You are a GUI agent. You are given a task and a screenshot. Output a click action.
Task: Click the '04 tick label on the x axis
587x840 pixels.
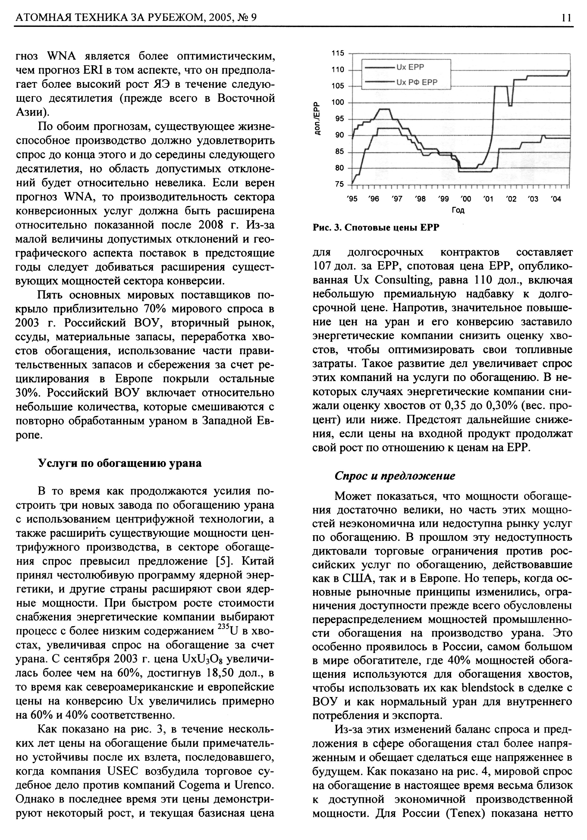click(x=555, y=199)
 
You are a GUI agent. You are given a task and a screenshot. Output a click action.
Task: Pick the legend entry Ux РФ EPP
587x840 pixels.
click(x=417, y=82)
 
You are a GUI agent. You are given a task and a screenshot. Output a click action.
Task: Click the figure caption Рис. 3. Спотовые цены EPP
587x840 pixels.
click(x=376, y=228)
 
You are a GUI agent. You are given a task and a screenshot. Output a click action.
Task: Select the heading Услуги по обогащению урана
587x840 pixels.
click(x=120, y=463)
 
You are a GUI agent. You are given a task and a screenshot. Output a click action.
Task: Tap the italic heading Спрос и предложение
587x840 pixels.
click(x=395, y=475)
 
